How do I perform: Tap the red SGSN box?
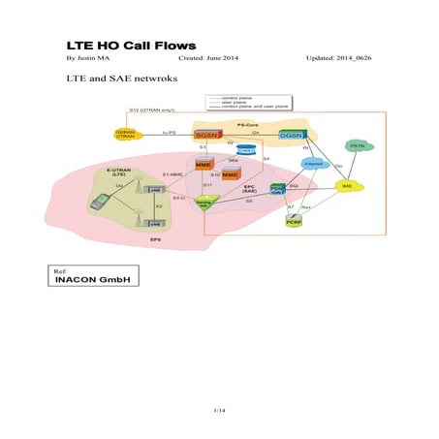point(206,135)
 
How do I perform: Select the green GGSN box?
point(292,135)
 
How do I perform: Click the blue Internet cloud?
point(312,164)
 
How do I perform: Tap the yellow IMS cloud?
point(346,185)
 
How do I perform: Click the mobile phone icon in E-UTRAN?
point(100,203)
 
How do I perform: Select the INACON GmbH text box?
point(93,279)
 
